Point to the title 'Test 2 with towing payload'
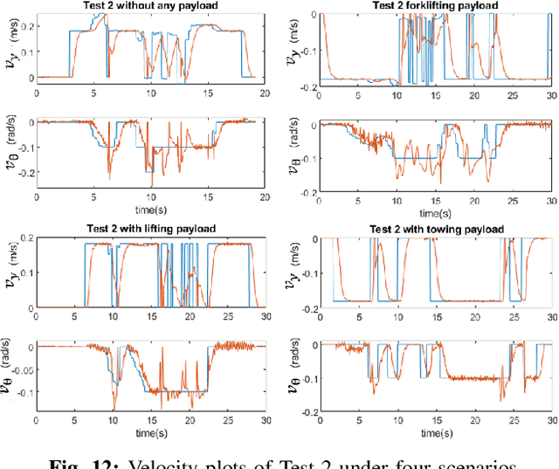click(x=435, y=229)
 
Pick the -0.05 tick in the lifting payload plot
click(x=17, y=369)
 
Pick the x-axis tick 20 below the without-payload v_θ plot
click(x=260, y=201)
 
